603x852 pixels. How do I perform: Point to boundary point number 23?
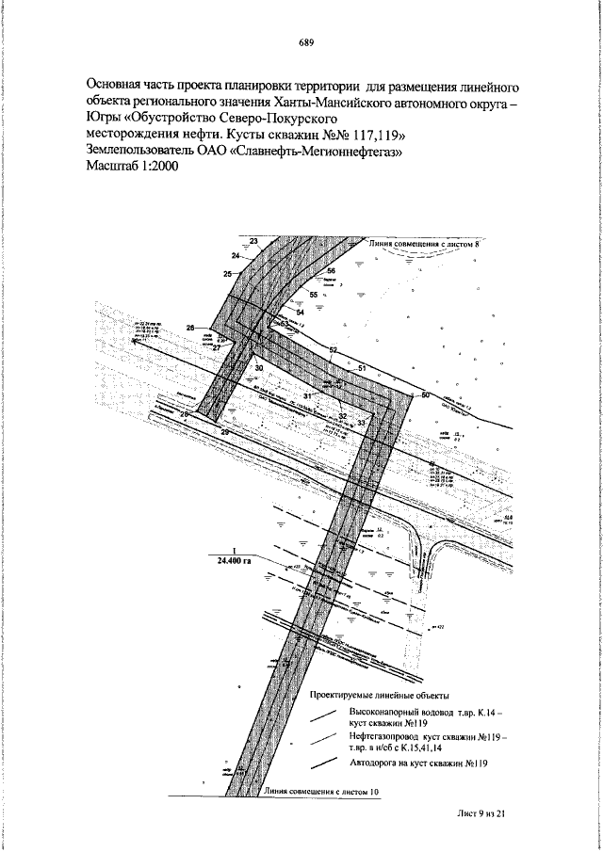(253, 242)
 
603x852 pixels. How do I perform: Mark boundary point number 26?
(191, 328)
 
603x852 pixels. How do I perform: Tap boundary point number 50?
(424, 395)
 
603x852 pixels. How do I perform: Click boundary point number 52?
(333, 350)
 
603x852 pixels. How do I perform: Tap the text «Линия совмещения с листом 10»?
(322, 792)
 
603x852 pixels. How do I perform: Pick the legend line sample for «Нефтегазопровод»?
(323, 740)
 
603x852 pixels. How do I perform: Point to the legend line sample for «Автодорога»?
(323, 763)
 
